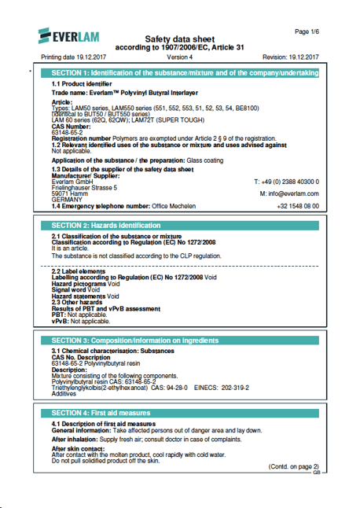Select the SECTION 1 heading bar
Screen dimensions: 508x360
[x=184, y=73]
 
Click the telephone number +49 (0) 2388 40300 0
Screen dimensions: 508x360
[x=287, y=181]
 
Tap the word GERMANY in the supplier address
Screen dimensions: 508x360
[x=67, y=200]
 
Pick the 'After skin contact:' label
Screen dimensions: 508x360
[x=78, y=448]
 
